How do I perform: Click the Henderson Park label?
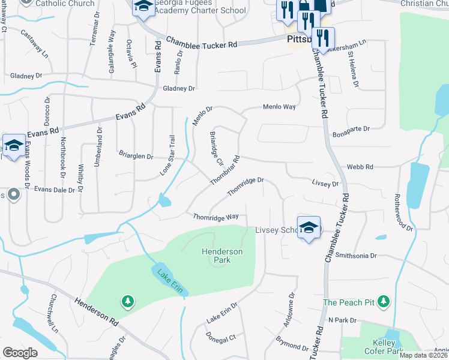click(221, 256)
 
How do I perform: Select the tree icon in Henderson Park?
click(127, 300)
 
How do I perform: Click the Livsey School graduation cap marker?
click(309, 228)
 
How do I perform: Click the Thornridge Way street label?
click(215, 217)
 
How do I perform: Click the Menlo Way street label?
click(279, 106)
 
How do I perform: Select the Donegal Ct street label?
click(221, 339)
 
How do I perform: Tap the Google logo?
click(20, 352)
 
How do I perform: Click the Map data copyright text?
click(423, 355)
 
